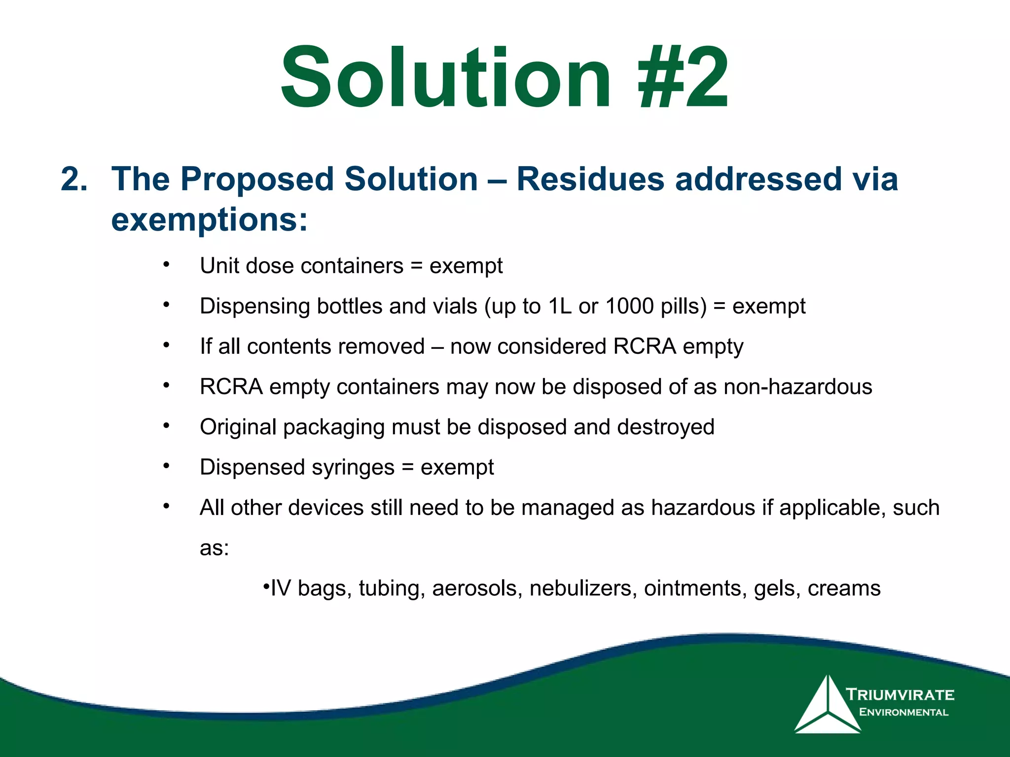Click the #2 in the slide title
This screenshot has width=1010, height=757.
[x=683, y=77]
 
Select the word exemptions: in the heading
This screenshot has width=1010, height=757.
[x=210, y=219]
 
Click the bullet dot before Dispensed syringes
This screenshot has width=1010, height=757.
[x=167, y=466]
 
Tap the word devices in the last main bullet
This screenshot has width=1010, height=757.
[x=326, y=508]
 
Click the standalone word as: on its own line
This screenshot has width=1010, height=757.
[x=215, y=548]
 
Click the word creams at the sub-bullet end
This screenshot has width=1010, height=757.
[x=844, y=588]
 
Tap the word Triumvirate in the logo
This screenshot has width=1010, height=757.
[x=900, y=695]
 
